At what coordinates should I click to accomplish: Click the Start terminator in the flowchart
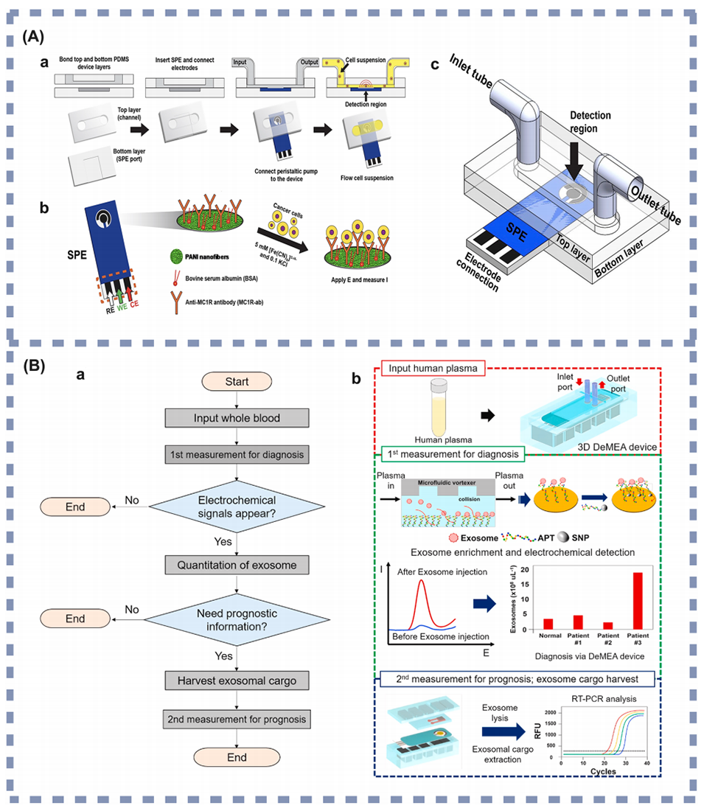click(x=235, y=381)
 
